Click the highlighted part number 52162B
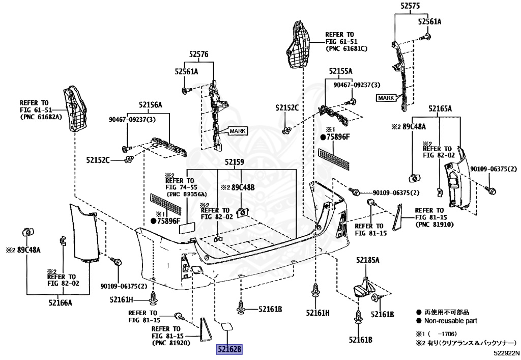(229, 350)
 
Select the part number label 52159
(235, 162)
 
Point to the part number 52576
(199, 54)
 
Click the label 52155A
(340, 71)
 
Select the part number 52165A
(440, 108)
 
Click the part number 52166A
(61, 303)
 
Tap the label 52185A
(368, 260)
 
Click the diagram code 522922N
(506, 352)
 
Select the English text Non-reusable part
(450, 321)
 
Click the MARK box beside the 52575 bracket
(386, 97)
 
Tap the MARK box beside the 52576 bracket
(237, 131)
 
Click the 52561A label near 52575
(430, 22)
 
